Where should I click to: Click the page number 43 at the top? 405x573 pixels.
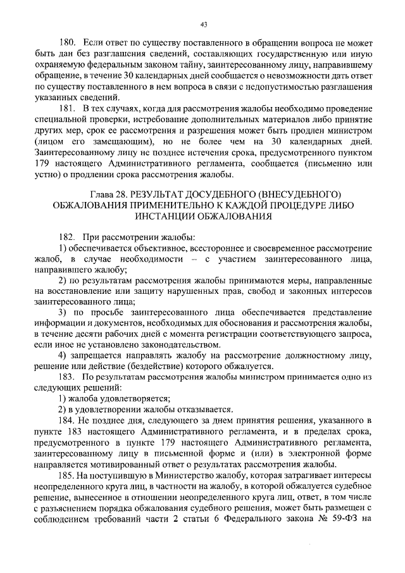pos(203,25)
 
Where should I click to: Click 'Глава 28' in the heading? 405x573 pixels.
pos(104,194)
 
